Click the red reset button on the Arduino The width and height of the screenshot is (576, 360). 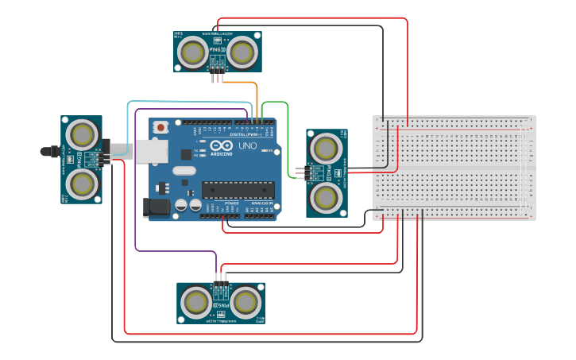[x=161, y=126]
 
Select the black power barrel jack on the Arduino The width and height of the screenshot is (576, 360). [x=156, y=207]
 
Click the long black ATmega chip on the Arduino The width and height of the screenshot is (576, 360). [x=238, y=189]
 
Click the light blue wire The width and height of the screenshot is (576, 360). [x=191, y=102]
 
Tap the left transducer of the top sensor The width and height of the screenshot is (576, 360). [x=192, y=52]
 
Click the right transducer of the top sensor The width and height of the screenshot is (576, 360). [x=242, y=52]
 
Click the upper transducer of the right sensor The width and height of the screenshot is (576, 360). [x=326, y=148]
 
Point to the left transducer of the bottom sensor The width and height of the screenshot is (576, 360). [x=195, y=302]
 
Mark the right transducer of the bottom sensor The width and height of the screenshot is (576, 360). [x=245, y=302]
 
